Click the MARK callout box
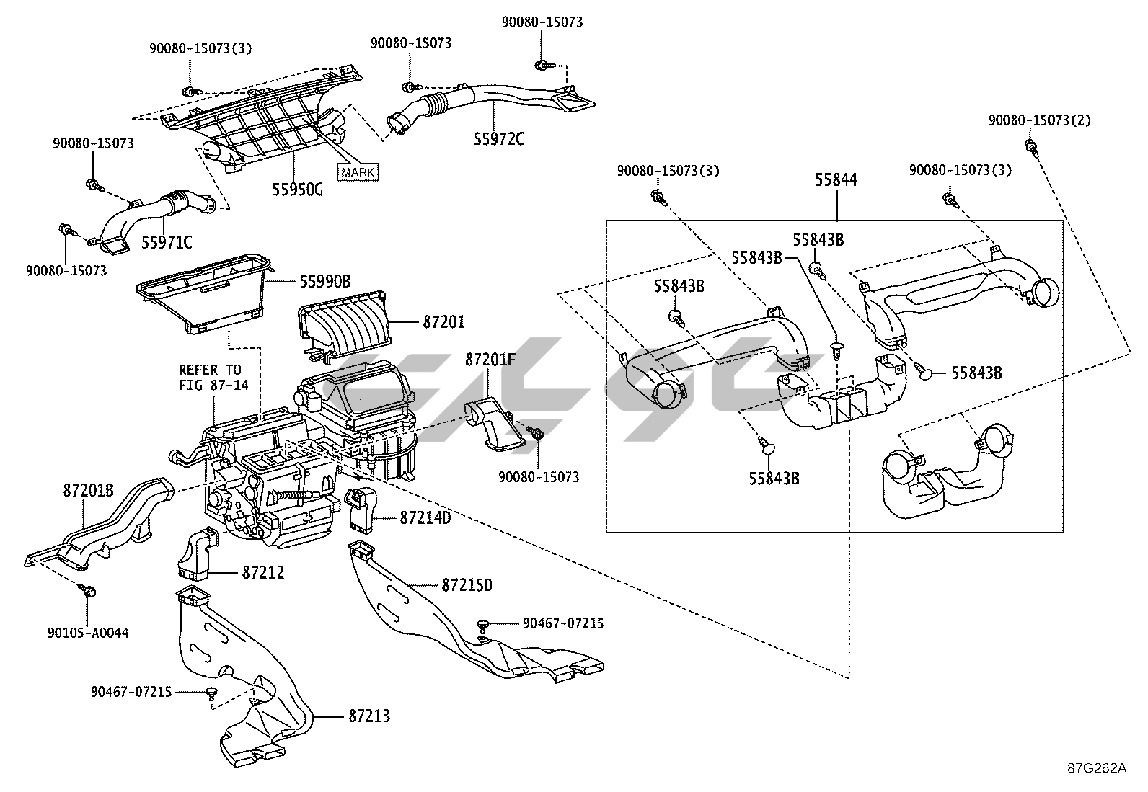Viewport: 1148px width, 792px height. pyautogui.click(x=358, y=172)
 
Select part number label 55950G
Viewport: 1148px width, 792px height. pyautogui.click(x=298, y=190)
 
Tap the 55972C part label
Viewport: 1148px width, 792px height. pyautogui.click(x=499, y=138)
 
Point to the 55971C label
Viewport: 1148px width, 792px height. pyautogui.click(x=166, y=243)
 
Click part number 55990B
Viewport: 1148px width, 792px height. pyautogui.click(x=325, y=282)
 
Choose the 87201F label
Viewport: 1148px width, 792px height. pyautogui.click(x=490, y=359)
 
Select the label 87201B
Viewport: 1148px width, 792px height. pyautogui.click(x=88, y=491)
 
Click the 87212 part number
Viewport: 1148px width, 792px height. pyautogui.click(x=263, y=573)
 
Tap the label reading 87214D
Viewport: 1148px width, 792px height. pyautogui.click(x=425, y=517)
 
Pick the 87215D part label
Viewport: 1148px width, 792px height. pyautogui.click(x=467, y=585)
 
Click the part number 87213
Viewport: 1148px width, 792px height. pyautogui.click(x=369, y=716)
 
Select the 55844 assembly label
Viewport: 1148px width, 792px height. pyautogui.click(x=836, y=180)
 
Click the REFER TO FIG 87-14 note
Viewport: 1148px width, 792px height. pyautogui.click(x=213, y=378)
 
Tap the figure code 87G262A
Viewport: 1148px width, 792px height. pyautogui.click(x=1097, y=767)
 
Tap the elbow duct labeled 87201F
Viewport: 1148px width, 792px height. pyautogui.click(x=493, y=424)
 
